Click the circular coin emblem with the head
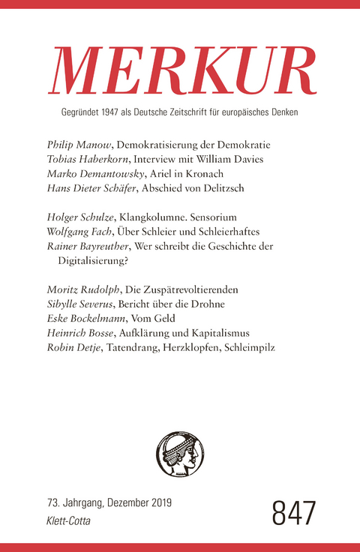pyautogui.click(x=180, y=457)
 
